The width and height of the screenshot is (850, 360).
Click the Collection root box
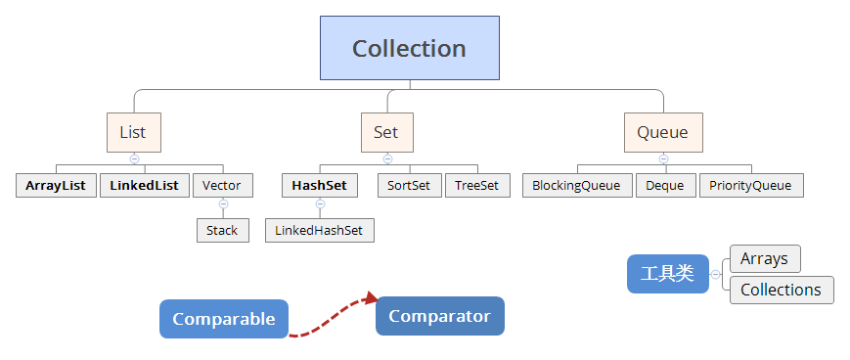pos(409,48)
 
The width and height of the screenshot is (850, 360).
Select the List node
pos(133,132)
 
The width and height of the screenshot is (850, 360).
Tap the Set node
pos(386,132)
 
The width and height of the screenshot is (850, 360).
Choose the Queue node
pos(662,132)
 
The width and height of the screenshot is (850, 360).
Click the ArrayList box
pos(56,185)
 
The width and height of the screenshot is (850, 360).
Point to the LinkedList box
pos(144,185)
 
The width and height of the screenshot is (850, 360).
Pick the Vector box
pos(222,185)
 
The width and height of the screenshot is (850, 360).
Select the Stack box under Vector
pos(222,231)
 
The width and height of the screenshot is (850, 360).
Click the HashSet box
pos(319,185)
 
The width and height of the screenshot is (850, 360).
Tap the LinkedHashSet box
pos(319,231)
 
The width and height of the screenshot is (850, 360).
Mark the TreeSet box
pos(477,185)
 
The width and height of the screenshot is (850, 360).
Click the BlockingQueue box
pos(576,185)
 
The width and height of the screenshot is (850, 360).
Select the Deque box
pos(665,185)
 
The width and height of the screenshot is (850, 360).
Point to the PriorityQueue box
pos(750,185)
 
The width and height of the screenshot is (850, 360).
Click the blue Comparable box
pos(224,319)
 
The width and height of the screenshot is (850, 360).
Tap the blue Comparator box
pos(439,316)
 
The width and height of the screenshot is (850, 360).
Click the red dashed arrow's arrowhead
pos(371,298)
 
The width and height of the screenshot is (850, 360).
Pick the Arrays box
pos(765,258)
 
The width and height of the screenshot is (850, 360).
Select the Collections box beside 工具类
pos(782,290)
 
